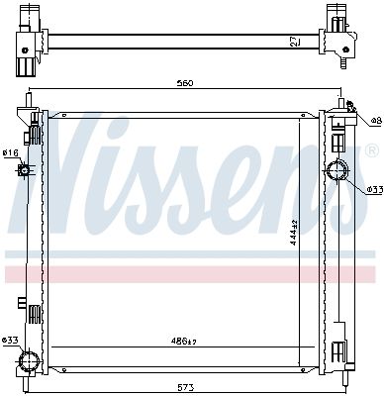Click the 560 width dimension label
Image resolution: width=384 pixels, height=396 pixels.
pyautogui.click(x=184, y=83)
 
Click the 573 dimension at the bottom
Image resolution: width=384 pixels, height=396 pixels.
pyautogui.click(x=185, y=387)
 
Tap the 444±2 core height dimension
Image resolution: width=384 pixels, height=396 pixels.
pyautogui.click(x=294, y=232)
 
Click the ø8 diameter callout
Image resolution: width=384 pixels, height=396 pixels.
pyautogui.click(x=376, y=121)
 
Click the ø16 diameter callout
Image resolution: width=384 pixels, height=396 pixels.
pyautogui.click(x=10, y=152)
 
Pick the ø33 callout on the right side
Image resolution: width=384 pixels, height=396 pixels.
pyautogui.click(x=374, y=189)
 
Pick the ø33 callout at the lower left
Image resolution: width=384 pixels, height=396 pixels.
pyautogui.click(x=9, y=340)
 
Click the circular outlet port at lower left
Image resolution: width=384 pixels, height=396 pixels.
pyautogui.click(x=29, y=361)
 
